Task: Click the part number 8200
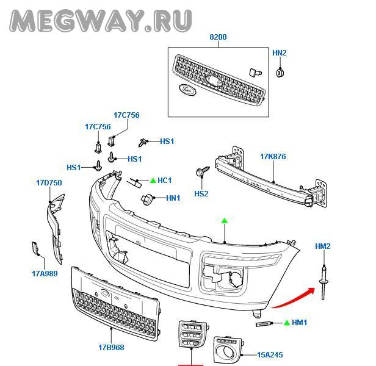[218, 37]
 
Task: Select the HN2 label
[279, 53]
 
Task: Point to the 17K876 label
[273, 157]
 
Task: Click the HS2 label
[201, 194]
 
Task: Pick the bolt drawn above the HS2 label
[200, 173]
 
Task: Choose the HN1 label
[173, 198]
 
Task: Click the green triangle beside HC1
[153, 181]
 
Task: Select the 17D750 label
[48, 182]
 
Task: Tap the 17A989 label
[45, 274]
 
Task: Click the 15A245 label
[270, 354]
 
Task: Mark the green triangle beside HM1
[286, 322]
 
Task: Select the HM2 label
[322, 246]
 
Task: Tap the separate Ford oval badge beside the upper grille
[187, 90]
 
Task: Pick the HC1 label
[164, 181]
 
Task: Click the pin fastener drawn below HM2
[322, 278]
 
